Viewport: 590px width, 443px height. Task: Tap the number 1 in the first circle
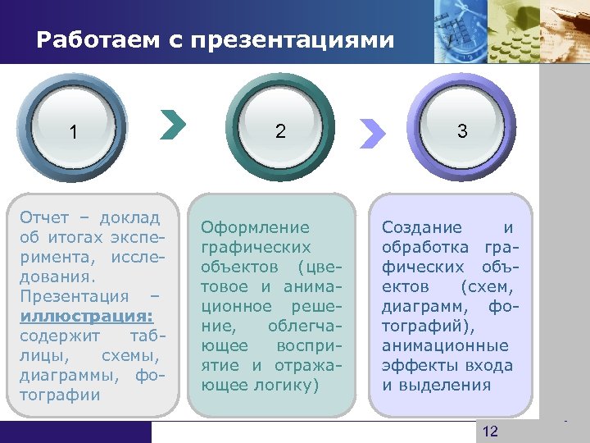click(x=75, y=132)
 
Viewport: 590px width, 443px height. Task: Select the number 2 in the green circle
click(x=281, y=130)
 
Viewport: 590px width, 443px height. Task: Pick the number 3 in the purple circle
click(x=462, y=130)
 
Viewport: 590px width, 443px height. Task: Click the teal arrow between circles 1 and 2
click(x=174, y=125)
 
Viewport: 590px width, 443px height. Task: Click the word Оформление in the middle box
click(x=256, y=227)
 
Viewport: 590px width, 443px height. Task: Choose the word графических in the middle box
click(x=256, y=247)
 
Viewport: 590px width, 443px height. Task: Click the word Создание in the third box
click(x=422, y=227)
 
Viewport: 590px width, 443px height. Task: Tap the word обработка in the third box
click(x=425, y=247)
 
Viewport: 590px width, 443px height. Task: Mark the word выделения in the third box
click(x=452, y=385)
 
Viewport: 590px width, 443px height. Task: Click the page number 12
click(x=490, y=432)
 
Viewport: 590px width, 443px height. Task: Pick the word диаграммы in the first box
click(x=70, y=375)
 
